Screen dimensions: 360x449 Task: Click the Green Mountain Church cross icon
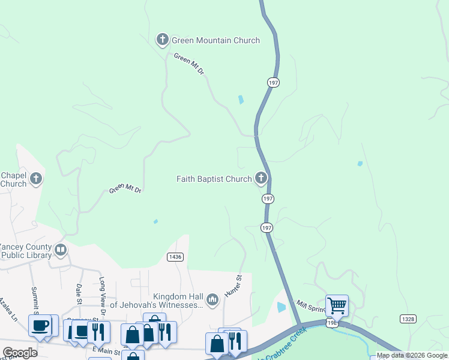point(162,40)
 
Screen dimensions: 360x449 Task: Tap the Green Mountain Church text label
point(215,41)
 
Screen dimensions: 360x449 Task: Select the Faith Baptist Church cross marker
point(261,178)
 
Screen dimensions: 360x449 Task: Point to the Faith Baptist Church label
point(214,179)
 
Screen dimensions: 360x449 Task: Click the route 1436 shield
point(175,257)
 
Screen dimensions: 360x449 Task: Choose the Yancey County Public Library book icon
point(60,250)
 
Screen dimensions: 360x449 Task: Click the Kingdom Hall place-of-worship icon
point(212,299)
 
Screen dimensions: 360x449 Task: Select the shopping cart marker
point(337,305)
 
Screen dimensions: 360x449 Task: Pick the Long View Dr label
point(102,294)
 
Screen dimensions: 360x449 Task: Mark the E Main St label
point(103,349)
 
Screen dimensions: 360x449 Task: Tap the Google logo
point(20,353)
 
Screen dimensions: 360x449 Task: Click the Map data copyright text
point(412,356)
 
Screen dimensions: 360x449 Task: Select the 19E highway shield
point(331,323)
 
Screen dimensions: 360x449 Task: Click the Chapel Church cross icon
point(36,178)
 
